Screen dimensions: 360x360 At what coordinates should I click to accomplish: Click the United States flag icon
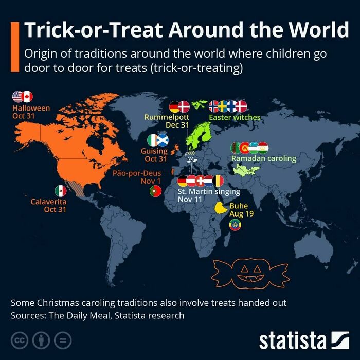18,96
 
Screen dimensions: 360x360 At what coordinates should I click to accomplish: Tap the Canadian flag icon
27,96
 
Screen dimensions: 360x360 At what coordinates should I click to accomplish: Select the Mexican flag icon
61,191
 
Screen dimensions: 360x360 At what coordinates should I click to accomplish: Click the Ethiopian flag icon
235,225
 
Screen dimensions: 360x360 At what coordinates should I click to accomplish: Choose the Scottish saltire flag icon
163,140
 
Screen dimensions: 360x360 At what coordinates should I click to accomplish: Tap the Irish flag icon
153,140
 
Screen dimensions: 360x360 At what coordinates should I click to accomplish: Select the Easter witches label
235,117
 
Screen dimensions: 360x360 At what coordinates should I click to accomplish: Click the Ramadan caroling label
264,158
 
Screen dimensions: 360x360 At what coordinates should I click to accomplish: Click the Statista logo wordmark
293,340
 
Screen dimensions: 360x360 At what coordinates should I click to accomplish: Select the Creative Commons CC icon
19,340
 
